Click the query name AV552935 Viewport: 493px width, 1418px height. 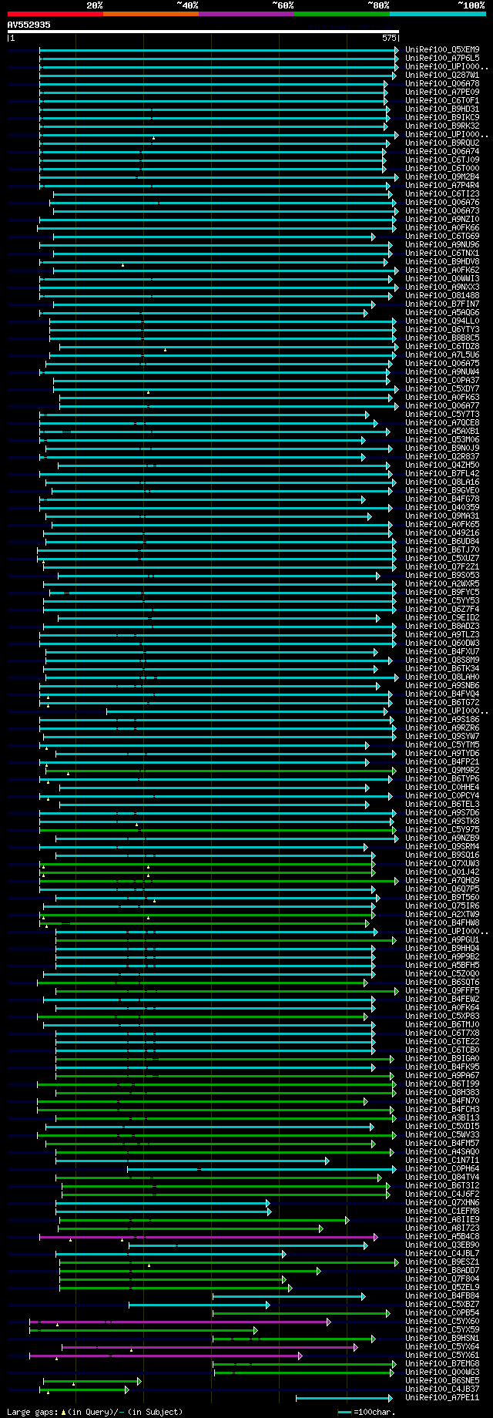coord(29,25)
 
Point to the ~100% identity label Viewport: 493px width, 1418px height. coord(471,5)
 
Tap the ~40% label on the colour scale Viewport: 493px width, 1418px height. coord(187,5)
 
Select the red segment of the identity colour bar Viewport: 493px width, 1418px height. coord(55,14)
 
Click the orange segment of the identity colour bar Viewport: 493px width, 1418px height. coord(150,14)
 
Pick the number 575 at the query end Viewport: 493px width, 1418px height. coord(389,37)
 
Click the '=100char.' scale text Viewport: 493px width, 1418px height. coord(374,1412)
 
